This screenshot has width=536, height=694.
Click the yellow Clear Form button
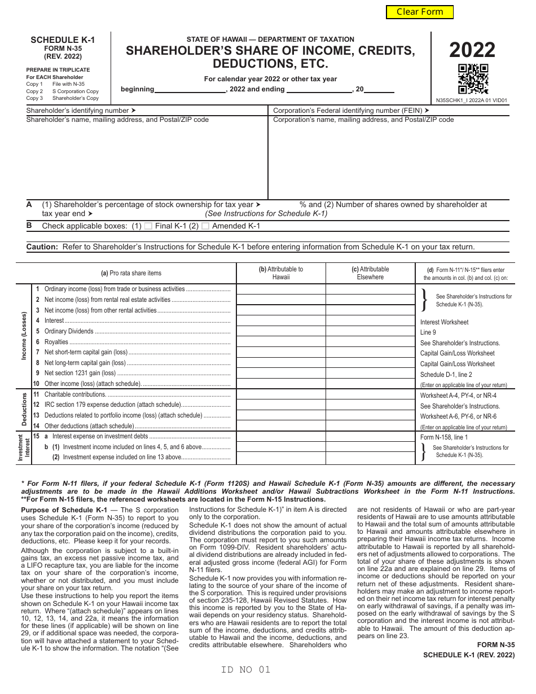click(x=419, y=12)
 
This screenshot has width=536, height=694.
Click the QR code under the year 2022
click(x=473, y=79)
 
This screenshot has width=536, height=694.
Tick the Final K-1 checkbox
click(x=148, y=226)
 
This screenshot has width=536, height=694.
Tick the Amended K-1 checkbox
click(x=205, y=226)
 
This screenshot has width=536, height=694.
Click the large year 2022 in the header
click(x=472, y=51)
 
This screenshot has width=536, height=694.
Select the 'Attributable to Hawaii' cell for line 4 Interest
click(x=280, y=320)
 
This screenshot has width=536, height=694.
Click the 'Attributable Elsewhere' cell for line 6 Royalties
click(x=370, y=342)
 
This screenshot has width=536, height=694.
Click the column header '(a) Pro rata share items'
click(x=131, y=273)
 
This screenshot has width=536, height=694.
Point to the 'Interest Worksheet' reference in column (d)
click(x=444, y=322)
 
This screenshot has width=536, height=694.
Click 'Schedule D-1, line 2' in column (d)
click(x=446, y=375)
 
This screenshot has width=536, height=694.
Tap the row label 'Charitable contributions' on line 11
click(x=75, y=394)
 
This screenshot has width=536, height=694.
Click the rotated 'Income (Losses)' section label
click(x=24, y=336)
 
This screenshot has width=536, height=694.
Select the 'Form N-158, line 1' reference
click(x=443, y=437)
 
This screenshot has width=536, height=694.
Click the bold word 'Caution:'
click(x=42, y=247)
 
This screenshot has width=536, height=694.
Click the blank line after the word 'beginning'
click(x=190, y=89)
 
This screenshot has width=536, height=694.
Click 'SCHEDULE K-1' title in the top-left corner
click(x=63, y=40)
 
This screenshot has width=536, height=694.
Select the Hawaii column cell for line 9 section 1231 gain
click(x=280, y=373)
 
